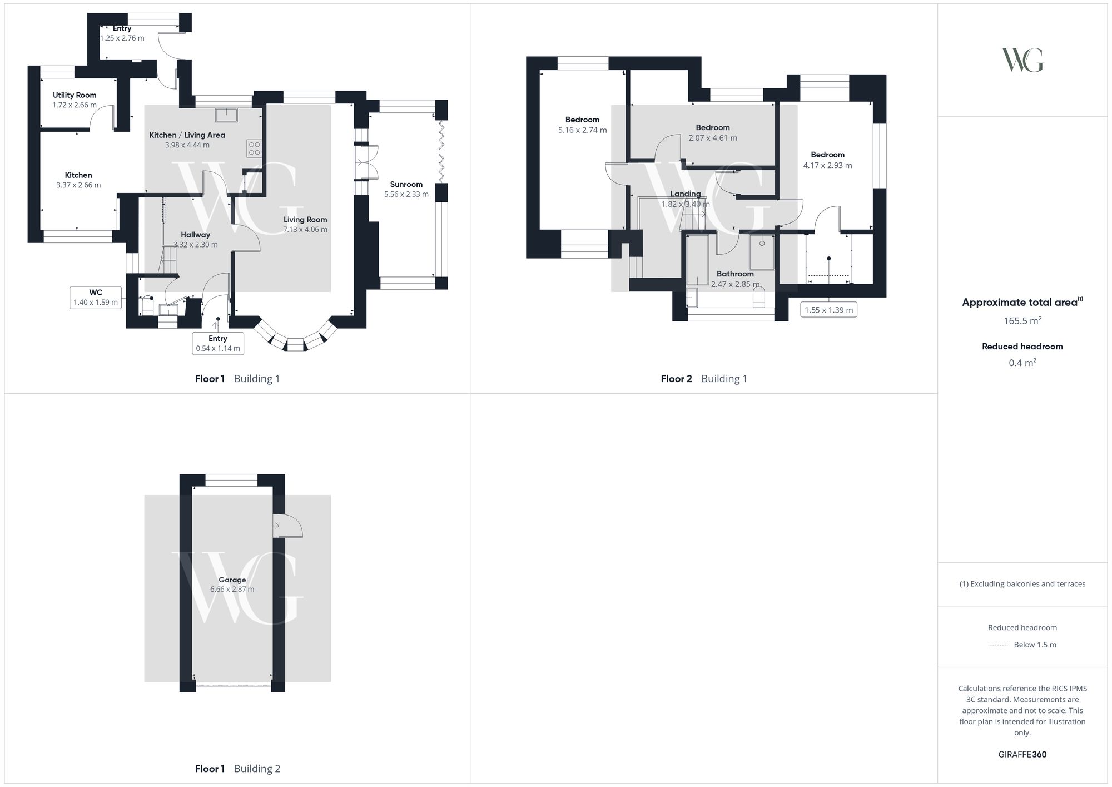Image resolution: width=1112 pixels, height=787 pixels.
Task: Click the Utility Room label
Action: [75, 95]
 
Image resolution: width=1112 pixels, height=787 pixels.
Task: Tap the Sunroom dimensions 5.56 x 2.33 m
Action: [406, 195]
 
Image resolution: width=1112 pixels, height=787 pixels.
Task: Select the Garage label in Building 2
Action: [232, 580]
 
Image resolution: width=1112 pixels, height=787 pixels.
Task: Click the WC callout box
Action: [96, 298]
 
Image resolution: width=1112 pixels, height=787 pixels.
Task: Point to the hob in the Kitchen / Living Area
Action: [254, 149]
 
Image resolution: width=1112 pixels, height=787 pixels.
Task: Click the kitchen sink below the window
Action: [227, 114]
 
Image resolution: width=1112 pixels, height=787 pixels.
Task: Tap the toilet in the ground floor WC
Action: [147, 305]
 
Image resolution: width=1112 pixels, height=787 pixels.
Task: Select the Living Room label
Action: [305, 220]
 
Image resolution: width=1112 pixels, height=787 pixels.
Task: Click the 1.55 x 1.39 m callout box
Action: [828, 310]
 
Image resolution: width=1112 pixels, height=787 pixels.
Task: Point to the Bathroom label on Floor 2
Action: [735, 274]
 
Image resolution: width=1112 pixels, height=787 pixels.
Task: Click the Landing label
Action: [686, 194]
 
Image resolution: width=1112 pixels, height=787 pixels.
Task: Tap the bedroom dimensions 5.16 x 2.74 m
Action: [583, 130]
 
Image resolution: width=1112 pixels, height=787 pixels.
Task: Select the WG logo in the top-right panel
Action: [1022, 60]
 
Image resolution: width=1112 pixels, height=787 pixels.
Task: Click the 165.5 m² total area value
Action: [1022, 321]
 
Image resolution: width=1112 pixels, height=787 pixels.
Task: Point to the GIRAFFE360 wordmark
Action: [1022, 755]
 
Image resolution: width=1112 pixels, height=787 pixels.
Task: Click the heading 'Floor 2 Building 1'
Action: [704, 379]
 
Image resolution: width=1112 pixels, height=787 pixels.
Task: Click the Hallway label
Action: [196, 235]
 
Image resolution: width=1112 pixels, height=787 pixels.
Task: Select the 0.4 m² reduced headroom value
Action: [1022, 363]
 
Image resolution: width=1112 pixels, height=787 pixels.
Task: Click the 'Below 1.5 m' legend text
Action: [1035, 645]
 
